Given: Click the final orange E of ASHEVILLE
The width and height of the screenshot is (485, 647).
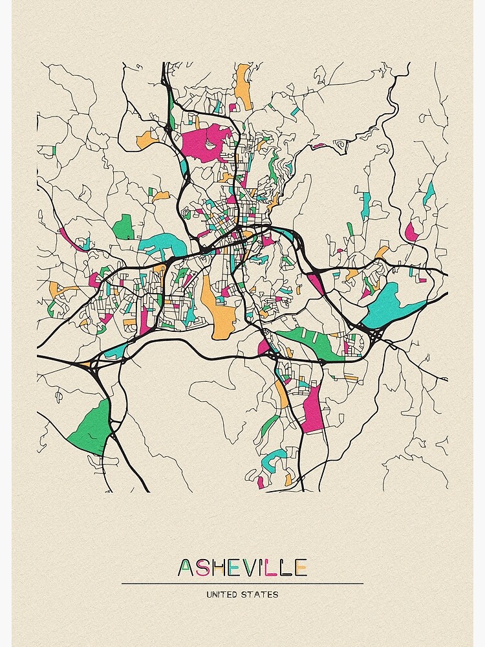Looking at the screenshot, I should tap(300, 568).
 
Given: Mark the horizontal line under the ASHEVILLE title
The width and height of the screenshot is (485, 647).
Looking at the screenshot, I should tap(242, 583).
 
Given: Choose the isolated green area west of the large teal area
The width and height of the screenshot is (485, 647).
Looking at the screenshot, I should tap(123, 227).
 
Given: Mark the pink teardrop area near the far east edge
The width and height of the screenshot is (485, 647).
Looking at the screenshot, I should tap(411, 232).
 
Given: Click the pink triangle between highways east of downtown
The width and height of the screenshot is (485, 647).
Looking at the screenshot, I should tap(316, 282).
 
